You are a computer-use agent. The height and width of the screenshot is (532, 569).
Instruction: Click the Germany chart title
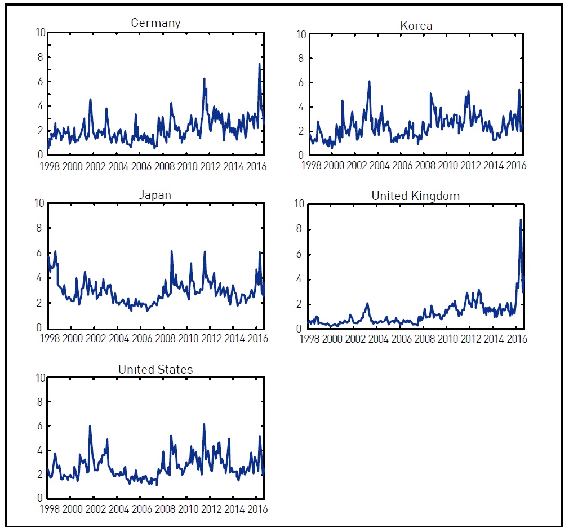(155, 23)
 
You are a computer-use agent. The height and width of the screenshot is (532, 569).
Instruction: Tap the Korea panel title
(416, 25)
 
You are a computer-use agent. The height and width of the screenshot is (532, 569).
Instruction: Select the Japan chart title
(155, 195)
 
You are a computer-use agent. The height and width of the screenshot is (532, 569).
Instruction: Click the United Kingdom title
(416, 196)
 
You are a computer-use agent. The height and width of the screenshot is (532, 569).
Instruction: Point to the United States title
(155, 370)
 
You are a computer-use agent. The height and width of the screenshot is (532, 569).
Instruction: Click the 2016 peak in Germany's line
(259, 64)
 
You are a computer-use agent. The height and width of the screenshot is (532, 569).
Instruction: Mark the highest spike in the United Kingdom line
(521, 219)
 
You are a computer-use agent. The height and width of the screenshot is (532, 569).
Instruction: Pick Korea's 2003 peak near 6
(369, 81)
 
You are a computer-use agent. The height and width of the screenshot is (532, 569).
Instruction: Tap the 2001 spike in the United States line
(90, 426)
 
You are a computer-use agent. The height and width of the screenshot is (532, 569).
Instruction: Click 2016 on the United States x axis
(256, 509)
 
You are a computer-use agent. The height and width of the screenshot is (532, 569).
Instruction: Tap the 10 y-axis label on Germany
(38, 32)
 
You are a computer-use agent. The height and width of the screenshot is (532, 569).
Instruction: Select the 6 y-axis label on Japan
(40, 254)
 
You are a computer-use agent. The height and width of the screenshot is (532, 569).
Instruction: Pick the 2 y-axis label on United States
(40, 475)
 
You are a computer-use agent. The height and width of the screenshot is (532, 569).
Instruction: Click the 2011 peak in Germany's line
(204, 79)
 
